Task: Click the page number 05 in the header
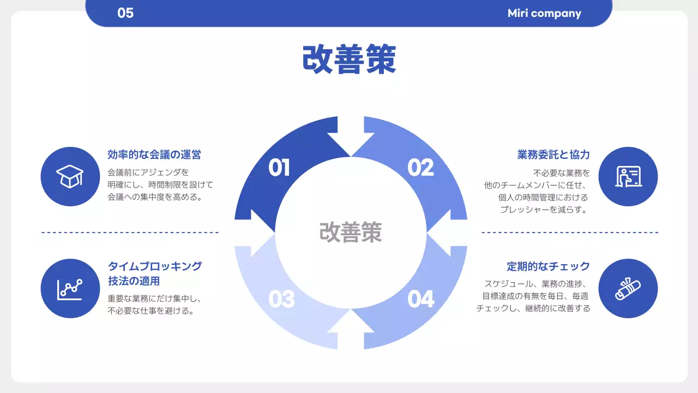pos(125,13)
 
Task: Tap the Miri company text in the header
pos(544,13)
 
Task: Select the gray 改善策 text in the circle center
pos(351,232)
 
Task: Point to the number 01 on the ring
pos(279,168)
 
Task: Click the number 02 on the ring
pos(420,168)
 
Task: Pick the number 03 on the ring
pos(281,299)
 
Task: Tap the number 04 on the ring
pos(421,299)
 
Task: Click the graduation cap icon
pos(70,176)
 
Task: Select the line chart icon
pos(70,288)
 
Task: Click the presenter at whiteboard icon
pos(628,176)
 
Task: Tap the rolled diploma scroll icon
pos(628,288)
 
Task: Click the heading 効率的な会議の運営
pos(154,155)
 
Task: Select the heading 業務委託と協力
pos(553,155)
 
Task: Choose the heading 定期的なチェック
pos(549,266)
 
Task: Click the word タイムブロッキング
pos(155,266)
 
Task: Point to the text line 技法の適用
pos(134,282)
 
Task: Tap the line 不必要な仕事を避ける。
pos(151,311)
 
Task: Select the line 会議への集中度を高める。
pos(155,197)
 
